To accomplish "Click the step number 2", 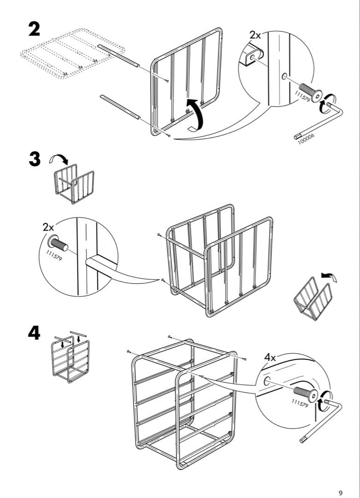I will point(34,29).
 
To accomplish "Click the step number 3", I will point(34,160).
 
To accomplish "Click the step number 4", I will point(34,333).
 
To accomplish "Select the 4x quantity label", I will point(270,357).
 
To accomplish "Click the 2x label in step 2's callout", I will point(255,35).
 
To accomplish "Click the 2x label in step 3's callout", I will point(48,227).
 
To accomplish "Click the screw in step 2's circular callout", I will point(310,92).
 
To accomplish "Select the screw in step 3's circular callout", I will point(58,243).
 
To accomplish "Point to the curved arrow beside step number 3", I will point(59,160).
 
